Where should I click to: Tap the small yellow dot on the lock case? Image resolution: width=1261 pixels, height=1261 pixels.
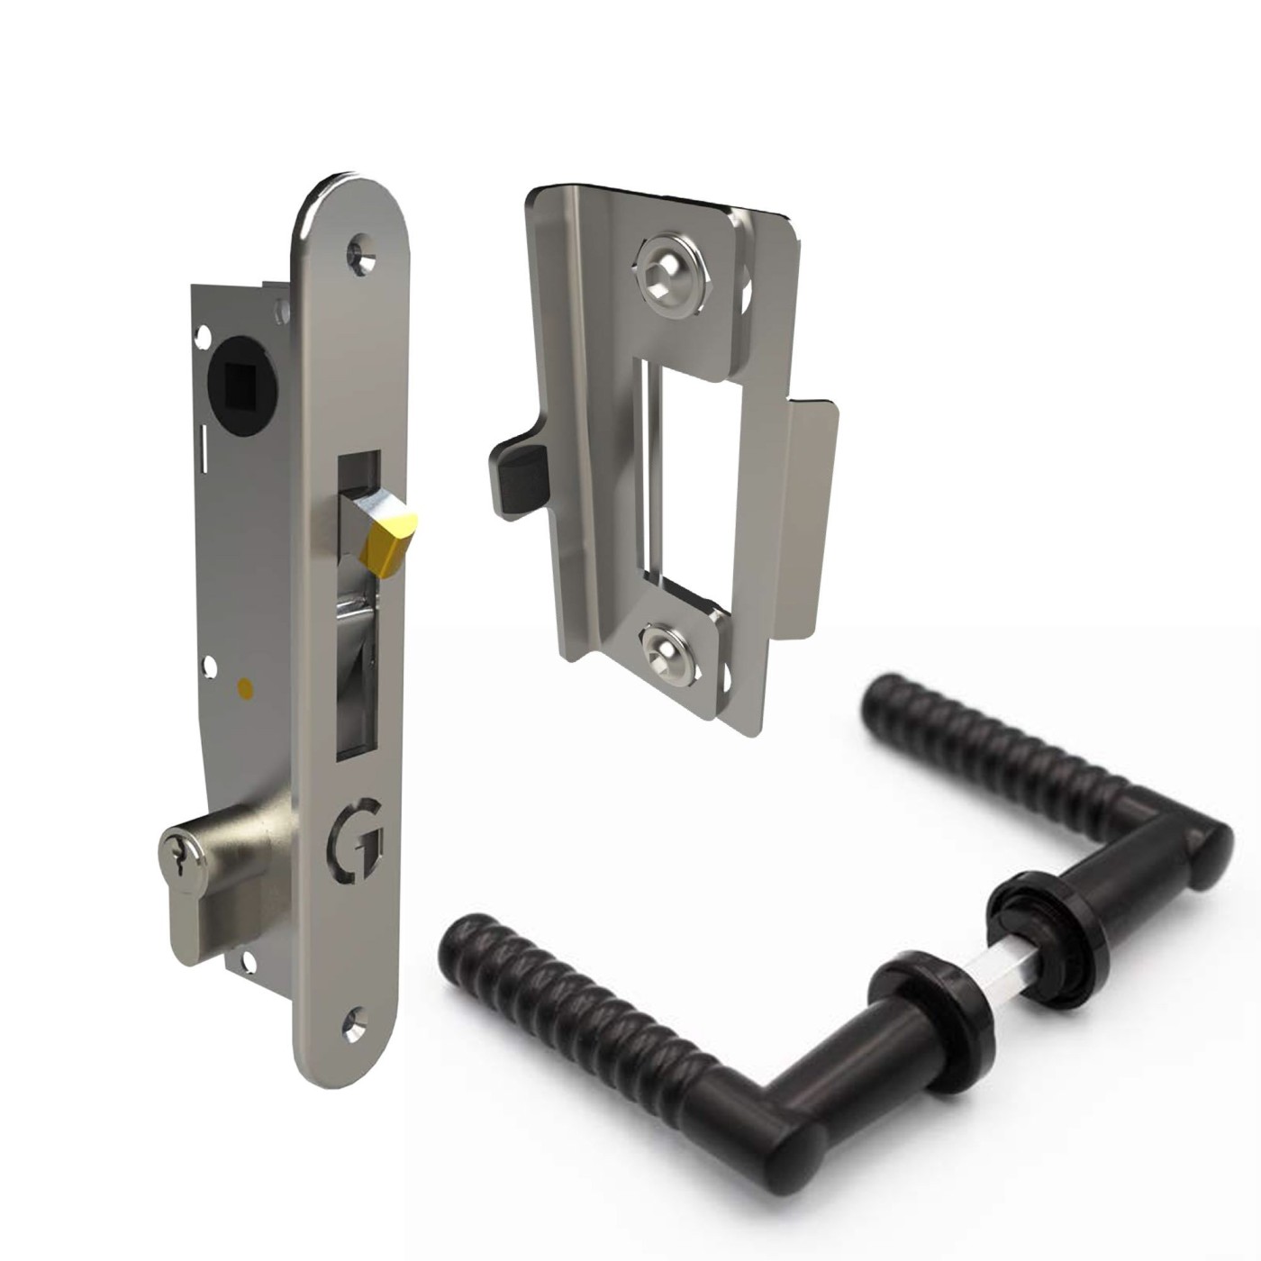tap(242, 689)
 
